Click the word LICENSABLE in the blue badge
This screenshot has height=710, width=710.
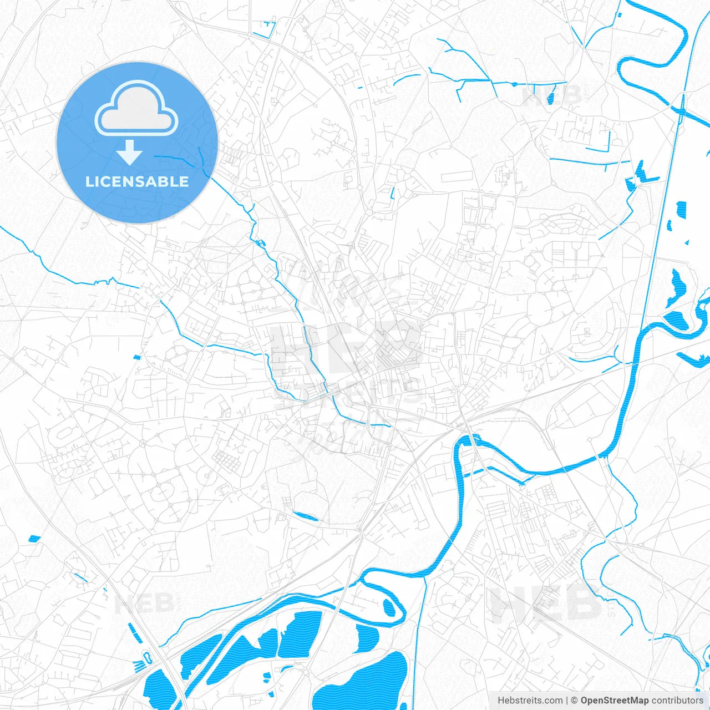137,181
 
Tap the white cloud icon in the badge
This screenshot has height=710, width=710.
136,109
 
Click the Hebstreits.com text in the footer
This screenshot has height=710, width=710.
530,701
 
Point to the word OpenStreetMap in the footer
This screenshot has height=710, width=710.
614,701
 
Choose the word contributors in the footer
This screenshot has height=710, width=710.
677,701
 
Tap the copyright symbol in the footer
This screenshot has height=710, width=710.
575,701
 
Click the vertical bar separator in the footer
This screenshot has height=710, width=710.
567,701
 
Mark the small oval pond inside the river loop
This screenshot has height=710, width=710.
389,607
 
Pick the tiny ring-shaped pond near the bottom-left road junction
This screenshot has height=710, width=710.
148,658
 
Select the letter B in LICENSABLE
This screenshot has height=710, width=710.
164,181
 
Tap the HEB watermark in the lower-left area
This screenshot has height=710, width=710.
144,603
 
